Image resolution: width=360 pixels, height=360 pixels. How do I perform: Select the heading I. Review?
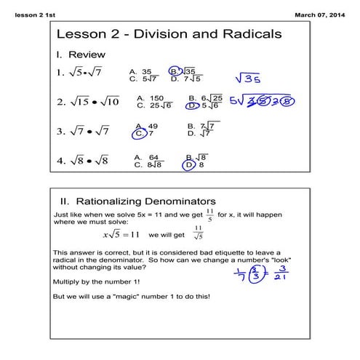[x=81, y=55]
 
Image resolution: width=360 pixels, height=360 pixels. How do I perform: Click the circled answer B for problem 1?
[x=175, y=71]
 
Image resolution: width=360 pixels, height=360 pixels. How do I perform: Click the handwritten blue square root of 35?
[x=248, y=78]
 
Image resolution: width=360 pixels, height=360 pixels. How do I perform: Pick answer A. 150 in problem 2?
[x=150, y=97]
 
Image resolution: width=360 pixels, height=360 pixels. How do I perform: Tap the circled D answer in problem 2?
[x=192, y=105]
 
